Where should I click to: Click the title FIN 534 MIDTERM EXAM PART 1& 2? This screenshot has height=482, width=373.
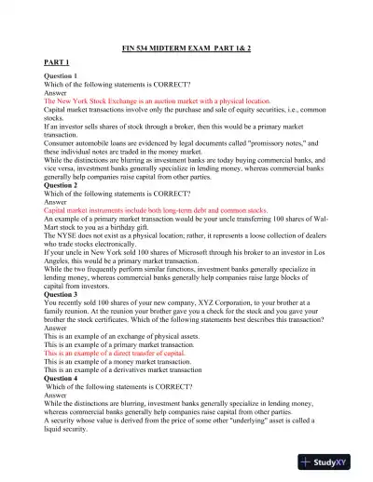click(x=186, y=49)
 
